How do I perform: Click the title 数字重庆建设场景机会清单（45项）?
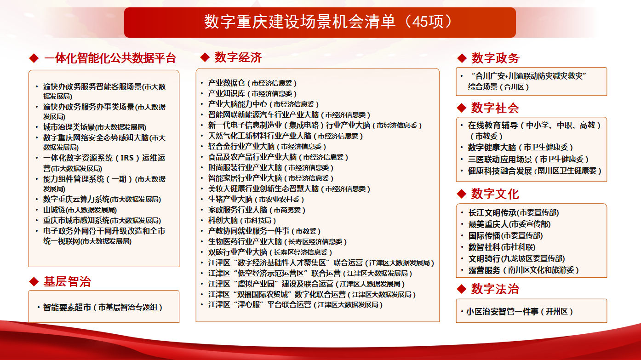[320, 22]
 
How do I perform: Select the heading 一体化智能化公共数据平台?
[110, 58]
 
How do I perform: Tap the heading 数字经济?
[238, 57]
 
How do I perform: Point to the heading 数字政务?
[495, 58]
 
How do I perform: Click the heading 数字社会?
[495, 108]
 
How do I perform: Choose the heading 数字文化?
[495, 194]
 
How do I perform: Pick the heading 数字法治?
[495, 289]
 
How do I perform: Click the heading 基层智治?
[67, 282]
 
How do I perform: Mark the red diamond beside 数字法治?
[462, 289]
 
